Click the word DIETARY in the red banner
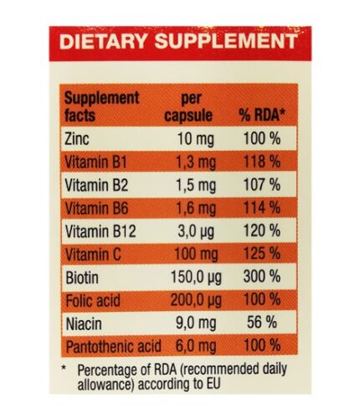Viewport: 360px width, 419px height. (103, 41)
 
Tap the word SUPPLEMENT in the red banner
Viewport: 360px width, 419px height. (226, 41)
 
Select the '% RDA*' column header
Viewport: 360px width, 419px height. (262, 115)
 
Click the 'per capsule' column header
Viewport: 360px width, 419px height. (188, 106)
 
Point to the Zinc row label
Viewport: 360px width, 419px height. (77, 138)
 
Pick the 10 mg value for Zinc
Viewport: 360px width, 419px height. (196, 139)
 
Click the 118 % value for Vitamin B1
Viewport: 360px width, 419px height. (262, 162)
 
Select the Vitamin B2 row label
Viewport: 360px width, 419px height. (96, 185)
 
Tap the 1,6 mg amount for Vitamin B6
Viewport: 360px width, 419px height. (196, 209)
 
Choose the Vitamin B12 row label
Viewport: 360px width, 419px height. (100, 231)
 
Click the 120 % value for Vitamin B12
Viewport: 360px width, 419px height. (262, 230)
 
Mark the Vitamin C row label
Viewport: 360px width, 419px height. (93, 255)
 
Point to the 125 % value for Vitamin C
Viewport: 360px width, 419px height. (262, 254)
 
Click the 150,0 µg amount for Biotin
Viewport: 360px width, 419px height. (196, 277)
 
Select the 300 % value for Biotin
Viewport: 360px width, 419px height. (262, 277)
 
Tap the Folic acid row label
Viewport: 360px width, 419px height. (93, 301)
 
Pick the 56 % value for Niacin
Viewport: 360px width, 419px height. (262, 323)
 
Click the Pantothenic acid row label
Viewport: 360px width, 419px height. (114, 346)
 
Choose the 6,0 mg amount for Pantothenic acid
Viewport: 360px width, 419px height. (196, 346)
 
